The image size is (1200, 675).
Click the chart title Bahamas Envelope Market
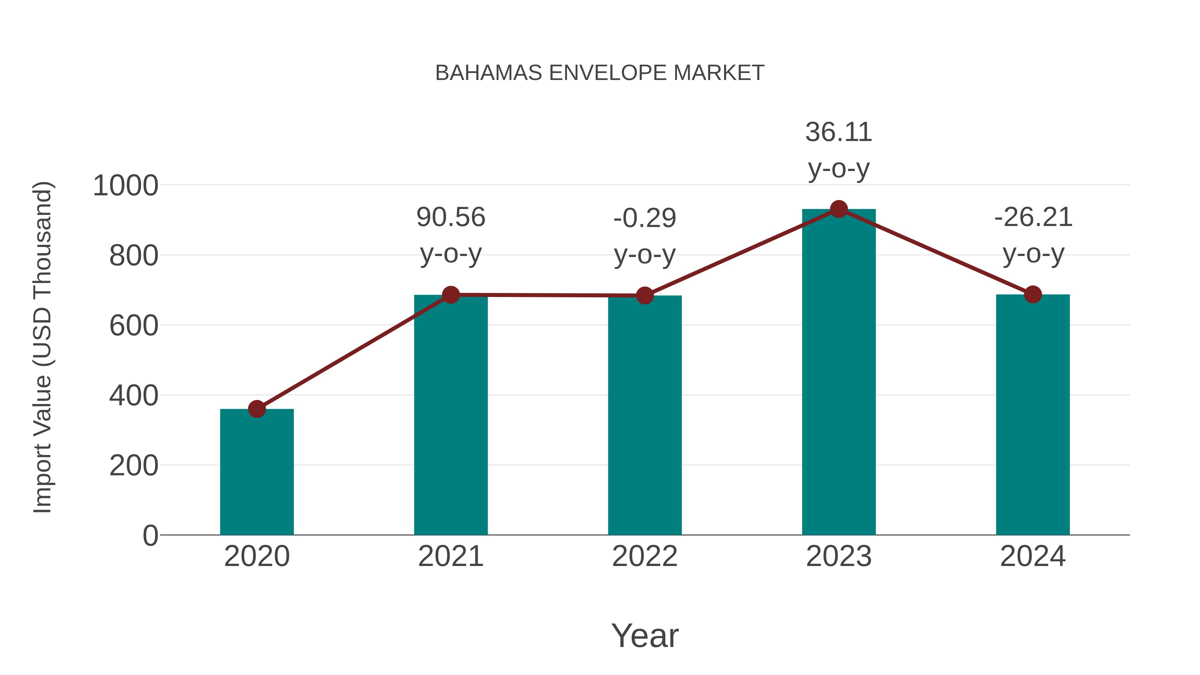(600, 73)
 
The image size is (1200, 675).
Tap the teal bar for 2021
(450, 415)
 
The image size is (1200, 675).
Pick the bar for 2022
(645, 415)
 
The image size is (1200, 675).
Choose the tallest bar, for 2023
(839, 372)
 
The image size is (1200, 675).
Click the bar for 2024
(1033, 415)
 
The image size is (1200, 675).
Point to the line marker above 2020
(257, 409)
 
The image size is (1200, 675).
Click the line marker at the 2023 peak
(839, 209)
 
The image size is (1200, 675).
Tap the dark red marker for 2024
(1033, 294)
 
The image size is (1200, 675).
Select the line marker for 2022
(645, 295)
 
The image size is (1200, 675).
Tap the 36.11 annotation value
(839, 132)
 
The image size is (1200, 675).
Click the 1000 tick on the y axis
(126, 186)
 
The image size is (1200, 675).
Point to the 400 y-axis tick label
(134, 396)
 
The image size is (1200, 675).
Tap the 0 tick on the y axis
(150, 536)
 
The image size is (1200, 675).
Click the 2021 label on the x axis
(450, 556)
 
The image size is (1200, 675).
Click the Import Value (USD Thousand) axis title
(43, 348)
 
